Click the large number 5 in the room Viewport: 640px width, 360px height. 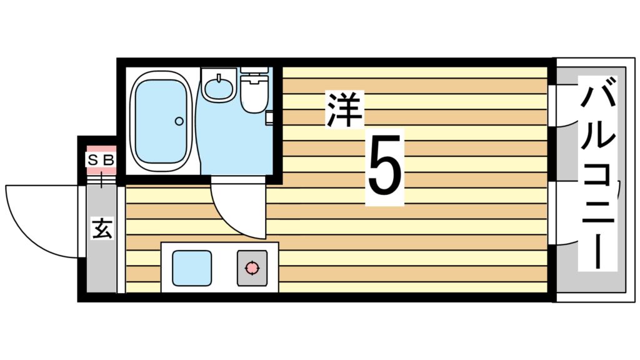[x=385, y=167]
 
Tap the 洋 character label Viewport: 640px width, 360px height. [x=344, y=109]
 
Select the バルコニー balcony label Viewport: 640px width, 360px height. [x=597, y=173]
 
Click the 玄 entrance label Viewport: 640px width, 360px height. [x=102, y=229]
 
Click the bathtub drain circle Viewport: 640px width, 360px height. [x=179, y=121]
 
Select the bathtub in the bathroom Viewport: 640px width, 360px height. [x=161, y=122]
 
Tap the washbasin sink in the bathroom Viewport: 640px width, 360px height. [x=219, y=85]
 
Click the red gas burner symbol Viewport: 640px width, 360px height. [x=252, y=267]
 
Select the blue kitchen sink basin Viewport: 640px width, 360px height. [x=192, y=268]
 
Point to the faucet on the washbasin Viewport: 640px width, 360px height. [x=219, y=78]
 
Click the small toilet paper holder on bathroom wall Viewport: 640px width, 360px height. [x=269, y=117]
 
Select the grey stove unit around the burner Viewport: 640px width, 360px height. [x=252, y=268]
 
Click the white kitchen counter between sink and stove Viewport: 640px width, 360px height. [x=224, y=267]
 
